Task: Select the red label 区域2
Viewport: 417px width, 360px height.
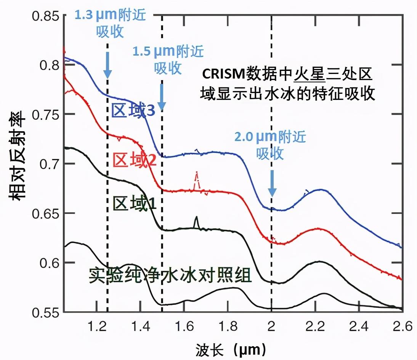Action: pyautogui.click(x=135, y=160)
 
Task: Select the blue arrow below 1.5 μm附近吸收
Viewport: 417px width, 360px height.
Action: pyautogui.click(x=162, y=97)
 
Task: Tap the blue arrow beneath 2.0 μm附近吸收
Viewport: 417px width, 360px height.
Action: pyautogui.click(x=272, y=183)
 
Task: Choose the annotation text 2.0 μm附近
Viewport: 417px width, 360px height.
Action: pyautogui.click(x=270, y=137)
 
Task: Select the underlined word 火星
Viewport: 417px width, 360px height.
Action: pyautogui.click(x=310, y=74)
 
